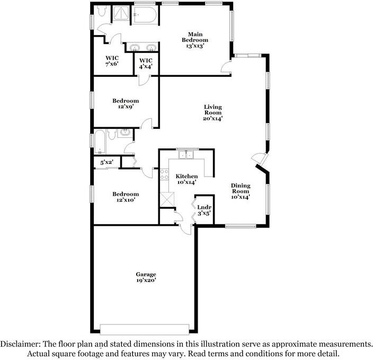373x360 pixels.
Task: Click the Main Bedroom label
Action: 195,40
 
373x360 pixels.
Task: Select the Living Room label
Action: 213,113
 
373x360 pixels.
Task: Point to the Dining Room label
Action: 240,191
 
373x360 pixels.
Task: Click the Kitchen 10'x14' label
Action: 187,179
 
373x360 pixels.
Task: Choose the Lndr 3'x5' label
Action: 204,210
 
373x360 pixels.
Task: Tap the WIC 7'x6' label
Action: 112,60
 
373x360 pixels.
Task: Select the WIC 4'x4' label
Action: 146,64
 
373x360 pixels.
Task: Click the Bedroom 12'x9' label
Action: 126,104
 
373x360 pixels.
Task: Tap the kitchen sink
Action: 185,155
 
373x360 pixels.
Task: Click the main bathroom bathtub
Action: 144,16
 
